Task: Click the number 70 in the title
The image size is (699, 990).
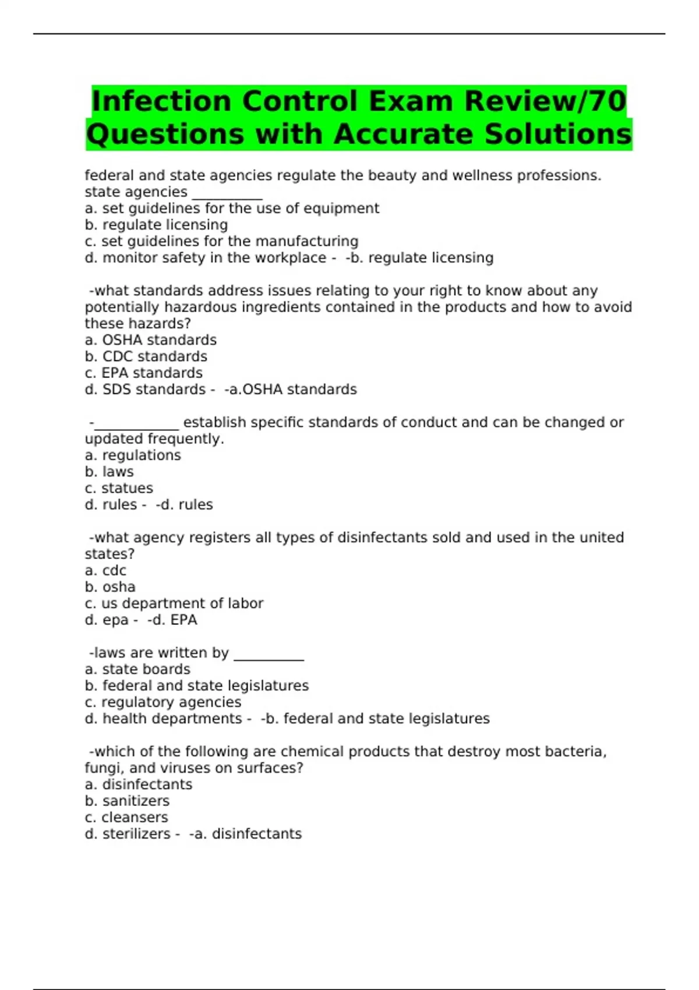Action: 608,101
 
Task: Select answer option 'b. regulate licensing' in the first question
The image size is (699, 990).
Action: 156,225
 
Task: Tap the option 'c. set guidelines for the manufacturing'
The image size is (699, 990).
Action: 221,241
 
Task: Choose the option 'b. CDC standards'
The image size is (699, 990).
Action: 146,356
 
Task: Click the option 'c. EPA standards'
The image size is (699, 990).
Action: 143,373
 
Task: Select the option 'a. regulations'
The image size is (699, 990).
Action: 133,455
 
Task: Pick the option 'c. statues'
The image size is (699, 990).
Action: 119,488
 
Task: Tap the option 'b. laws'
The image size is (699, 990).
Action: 109,472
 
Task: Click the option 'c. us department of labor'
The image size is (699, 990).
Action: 174,603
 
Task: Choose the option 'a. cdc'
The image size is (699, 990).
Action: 105,571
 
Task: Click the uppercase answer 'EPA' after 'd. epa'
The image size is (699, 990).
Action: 183,620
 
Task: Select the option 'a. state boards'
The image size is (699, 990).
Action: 137,669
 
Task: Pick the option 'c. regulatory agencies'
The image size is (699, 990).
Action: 163,702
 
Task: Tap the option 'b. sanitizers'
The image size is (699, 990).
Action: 127,801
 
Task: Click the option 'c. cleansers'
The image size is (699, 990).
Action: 126,817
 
